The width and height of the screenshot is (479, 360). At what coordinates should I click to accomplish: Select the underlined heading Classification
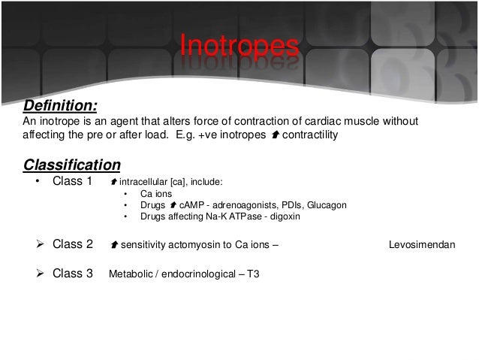click(x=71, y=164)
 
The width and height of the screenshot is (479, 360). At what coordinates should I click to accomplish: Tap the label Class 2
click(x=73, y=244)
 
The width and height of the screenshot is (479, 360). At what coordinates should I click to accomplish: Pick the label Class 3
click(x=73, y=274)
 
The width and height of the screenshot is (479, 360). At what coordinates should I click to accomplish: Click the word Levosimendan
click(x=422, y=245)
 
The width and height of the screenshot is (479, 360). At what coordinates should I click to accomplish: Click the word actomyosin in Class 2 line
click(x=194, y=245)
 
